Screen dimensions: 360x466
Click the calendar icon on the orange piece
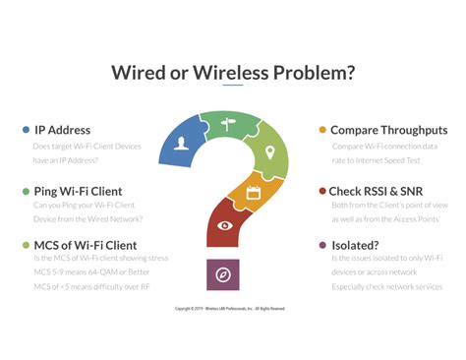point(253,193)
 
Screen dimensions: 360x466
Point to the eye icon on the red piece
point(225,225)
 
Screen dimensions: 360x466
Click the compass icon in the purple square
point(222,274)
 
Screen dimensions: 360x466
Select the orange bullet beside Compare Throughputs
point(322,130)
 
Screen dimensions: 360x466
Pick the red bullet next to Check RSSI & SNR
point(322,190)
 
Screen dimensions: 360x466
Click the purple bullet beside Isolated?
point(322,245)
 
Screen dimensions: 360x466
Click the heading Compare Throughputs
point(388,130)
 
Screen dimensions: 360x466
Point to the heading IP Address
point(62,130)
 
